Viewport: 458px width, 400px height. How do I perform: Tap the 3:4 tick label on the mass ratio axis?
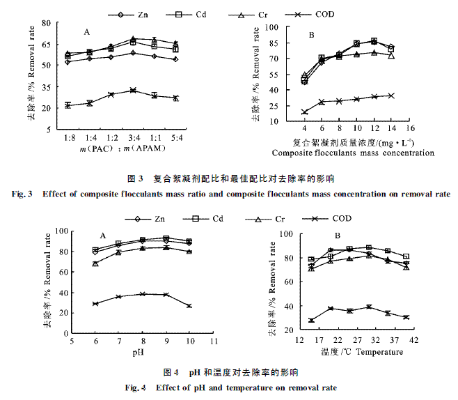tap(132, 139)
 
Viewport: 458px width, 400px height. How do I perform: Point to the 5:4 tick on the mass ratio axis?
tap(175, 139)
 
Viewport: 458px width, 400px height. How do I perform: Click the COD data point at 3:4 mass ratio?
tap(132, 91)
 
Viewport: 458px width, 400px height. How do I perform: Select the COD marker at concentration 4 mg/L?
tap(304, 111)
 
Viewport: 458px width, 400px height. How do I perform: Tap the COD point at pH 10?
tap(189, 306)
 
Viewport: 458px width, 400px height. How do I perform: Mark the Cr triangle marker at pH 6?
tap(95, 263)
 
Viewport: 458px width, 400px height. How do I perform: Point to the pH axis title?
tap(141, 353)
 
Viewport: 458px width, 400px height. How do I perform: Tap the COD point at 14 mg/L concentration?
tap(391, 95)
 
